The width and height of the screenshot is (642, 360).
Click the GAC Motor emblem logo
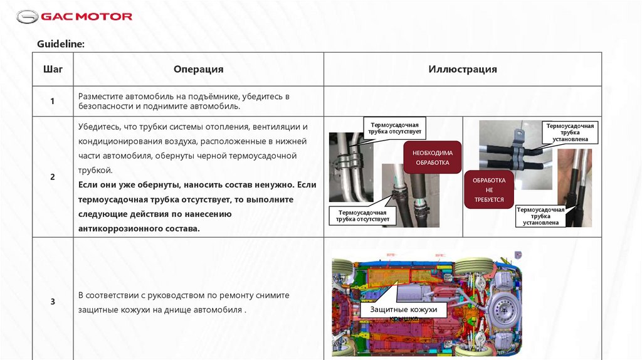pyautogui.click(x=27, y=17)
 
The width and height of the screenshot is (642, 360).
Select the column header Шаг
pyautogui.click(x=53, y=70)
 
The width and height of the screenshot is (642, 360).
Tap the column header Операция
pyautogui.click(x=198, y=70)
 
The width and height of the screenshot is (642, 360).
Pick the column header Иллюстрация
pyautogui.click(x=463, y=70)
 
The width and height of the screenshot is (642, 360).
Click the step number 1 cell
pyautogui.click(x=53, y=102)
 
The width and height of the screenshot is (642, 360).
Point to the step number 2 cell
pyautogui.click(x=53, y=177)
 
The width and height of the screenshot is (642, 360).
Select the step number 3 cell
pyautogui.click(x=53, y=302)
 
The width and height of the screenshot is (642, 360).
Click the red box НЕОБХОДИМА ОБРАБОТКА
pyautogui.click(x=433, y=157)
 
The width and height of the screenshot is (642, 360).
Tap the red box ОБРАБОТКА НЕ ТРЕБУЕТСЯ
pyautogui.click(x=489, y=189)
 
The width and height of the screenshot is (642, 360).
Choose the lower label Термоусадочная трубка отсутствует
pyautogui.click(x=362, y=216)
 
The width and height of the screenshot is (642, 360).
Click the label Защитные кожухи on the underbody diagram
pyautogui.click(x=404, y=310)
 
